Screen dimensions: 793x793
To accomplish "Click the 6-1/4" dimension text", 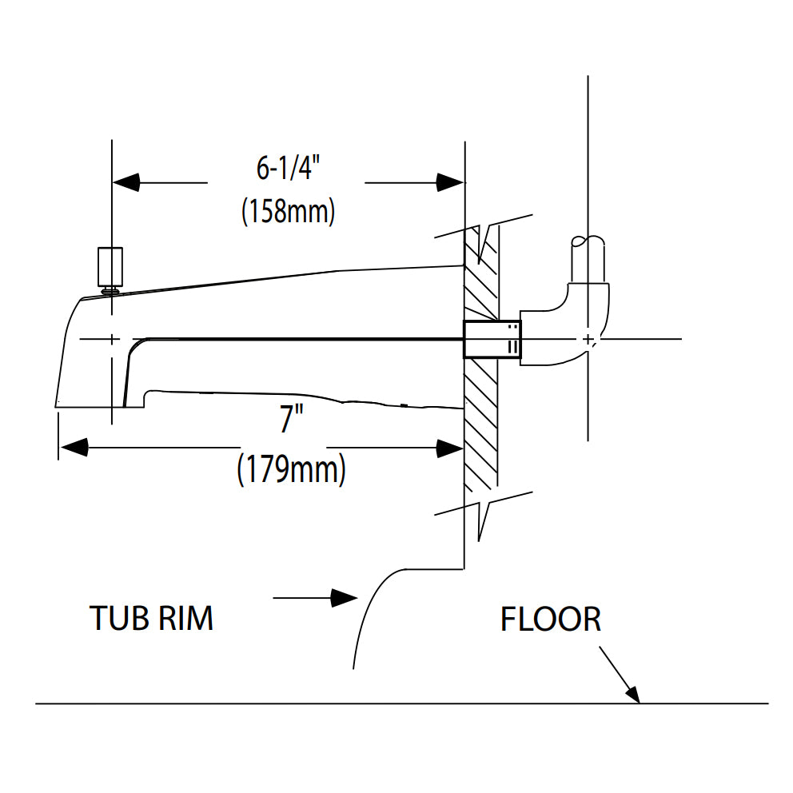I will click(288, 169).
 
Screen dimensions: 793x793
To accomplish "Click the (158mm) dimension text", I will click(288, 212).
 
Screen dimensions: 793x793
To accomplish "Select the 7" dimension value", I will click(287, 419).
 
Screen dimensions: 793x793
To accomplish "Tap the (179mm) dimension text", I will click(291, 468).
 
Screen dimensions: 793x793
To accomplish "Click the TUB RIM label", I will click(151, 618).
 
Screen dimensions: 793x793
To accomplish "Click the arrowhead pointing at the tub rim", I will click(344, 597).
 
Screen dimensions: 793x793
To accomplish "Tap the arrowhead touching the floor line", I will click(632, 693).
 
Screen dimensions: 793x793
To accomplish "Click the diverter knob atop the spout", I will click(110, 267).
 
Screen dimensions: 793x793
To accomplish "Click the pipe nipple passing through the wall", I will click(492, 339).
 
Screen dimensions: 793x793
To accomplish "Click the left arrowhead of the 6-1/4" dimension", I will click(126, 182).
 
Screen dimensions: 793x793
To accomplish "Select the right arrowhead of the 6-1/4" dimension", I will click(449, 182).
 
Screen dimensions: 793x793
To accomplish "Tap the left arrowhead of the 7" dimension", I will click(74, 448).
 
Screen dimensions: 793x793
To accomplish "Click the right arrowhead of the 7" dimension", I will click(449, 448).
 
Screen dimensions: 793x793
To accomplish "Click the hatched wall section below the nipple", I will click(481, 424).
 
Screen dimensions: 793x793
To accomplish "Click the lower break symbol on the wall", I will click(484, 512).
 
